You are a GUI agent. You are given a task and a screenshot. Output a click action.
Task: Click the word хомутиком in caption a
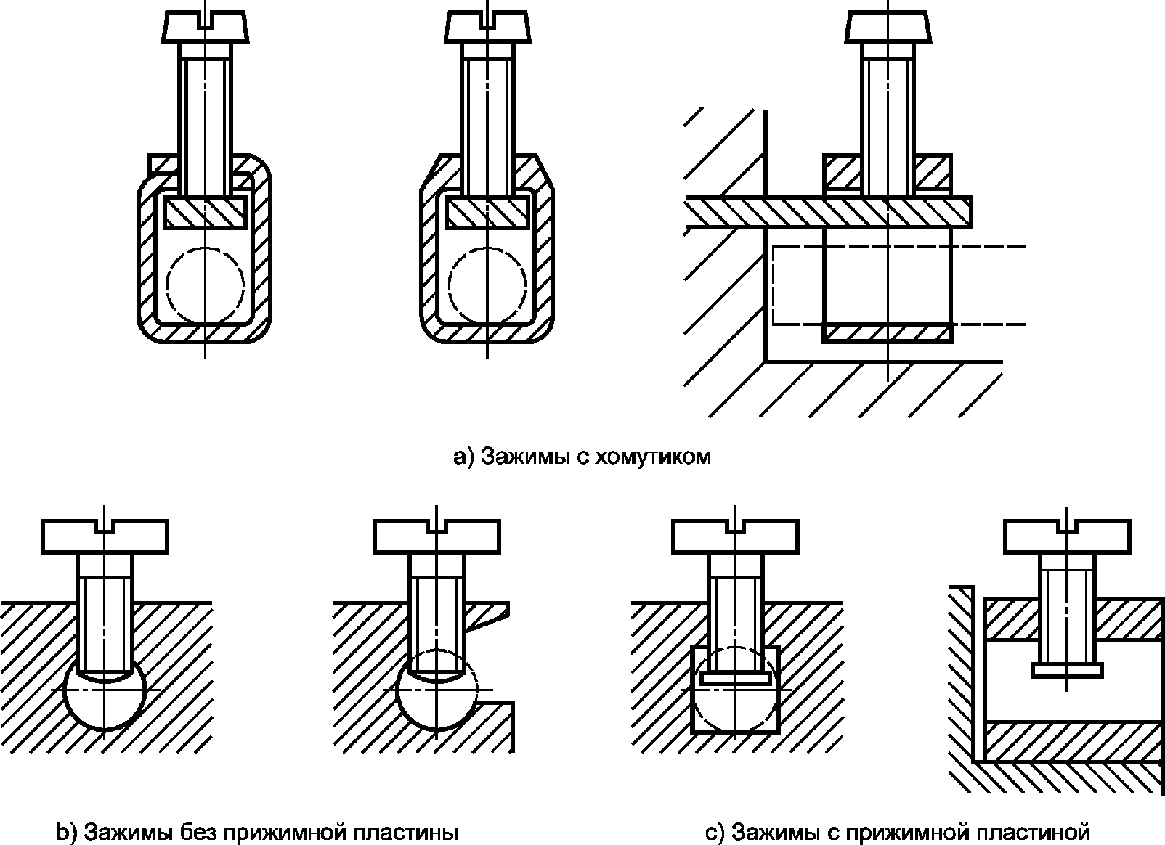pyautogui.click(x=651, y=457)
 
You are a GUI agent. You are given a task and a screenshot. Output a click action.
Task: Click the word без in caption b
pyautogui.click(x=193, y=831)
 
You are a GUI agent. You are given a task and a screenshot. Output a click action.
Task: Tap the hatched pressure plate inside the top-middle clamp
pyautogui.click(x=487, y=212)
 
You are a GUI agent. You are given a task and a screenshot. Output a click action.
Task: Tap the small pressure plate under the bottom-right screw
pyautogui.click(x=1067, y=669)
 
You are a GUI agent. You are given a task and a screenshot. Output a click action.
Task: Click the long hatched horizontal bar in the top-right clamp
pyautogui.click(x=828, y=211)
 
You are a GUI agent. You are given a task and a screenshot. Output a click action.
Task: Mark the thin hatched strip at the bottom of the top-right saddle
pyautogui.click(x=887, y=333)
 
